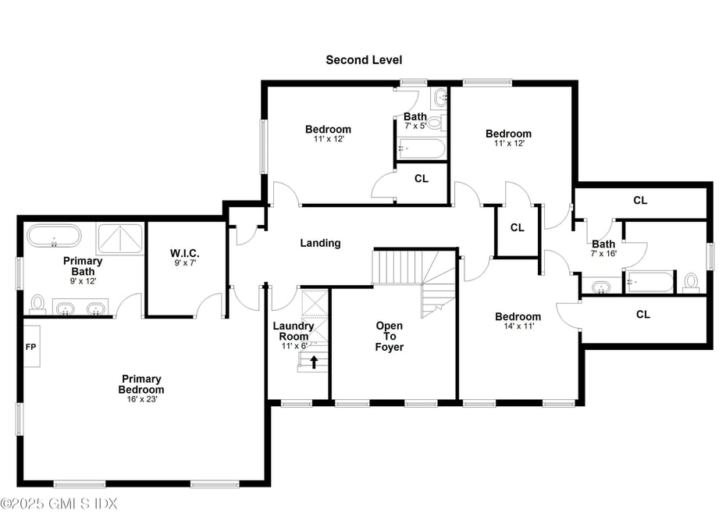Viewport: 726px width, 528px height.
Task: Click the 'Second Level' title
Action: click(364, 60)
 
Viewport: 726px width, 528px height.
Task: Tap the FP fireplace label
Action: click(31, 347)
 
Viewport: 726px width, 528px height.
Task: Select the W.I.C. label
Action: click(185, 253)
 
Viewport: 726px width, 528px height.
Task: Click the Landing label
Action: click(320, 243)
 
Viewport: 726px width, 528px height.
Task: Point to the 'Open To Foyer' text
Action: click(389, 336)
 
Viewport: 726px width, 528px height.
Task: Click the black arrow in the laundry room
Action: click(314, 362)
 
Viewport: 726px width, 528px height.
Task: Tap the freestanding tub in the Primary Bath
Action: click(54, 236)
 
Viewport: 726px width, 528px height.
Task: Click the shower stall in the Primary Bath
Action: click(120, 237)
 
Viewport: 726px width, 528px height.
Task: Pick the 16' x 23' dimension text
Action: click(141, 399)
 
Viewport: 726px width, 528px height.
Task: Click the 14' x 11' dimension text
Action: click(518, 326)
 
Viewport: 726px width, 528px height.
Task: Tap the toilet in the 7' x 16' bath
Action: click(691, 282)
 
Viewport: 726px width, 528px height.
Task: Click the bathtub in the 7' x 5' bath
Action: click(421, 148)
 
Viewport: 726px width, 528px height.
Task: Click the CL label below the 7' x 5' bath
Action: click(422, 179)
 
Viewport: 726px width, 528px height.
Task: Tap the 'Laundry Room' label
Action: click(294, 331)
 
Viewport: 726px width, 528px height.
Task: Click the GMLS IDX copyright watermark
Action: click(59, 504)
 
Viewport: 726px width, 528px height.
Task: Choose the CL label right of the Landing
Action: click(518, 228)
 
